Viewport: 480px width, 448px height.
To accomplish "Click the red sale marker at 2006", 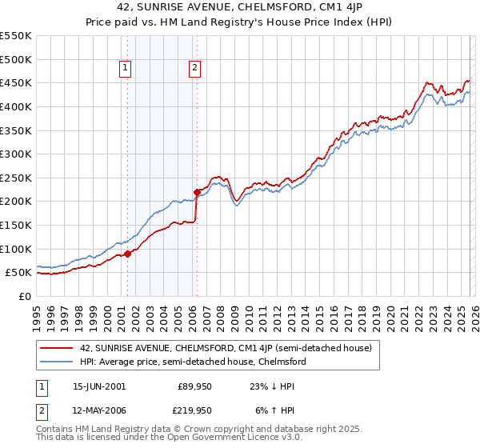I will (x=197, y=192).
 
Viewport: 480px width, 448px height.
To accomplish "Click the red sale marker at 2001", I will (x=127, y=254).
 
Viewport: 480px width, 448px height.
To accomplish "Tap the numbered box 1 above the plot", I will (x=126, y=69).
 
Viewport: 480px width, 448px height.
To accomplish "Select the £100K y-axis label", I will (x=15, y=249).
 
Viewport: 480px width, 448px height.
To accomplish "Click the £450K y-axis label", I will (x=15, y=82).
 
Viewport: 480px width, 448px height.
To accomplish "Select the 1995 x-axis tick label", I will (x=37, y=312).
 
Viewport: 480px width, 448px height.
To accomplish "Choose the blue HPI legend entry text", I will (x=193, y=362).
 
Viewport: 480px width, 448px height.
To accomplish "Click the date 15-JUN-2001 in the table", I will (x=99, y=386).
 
